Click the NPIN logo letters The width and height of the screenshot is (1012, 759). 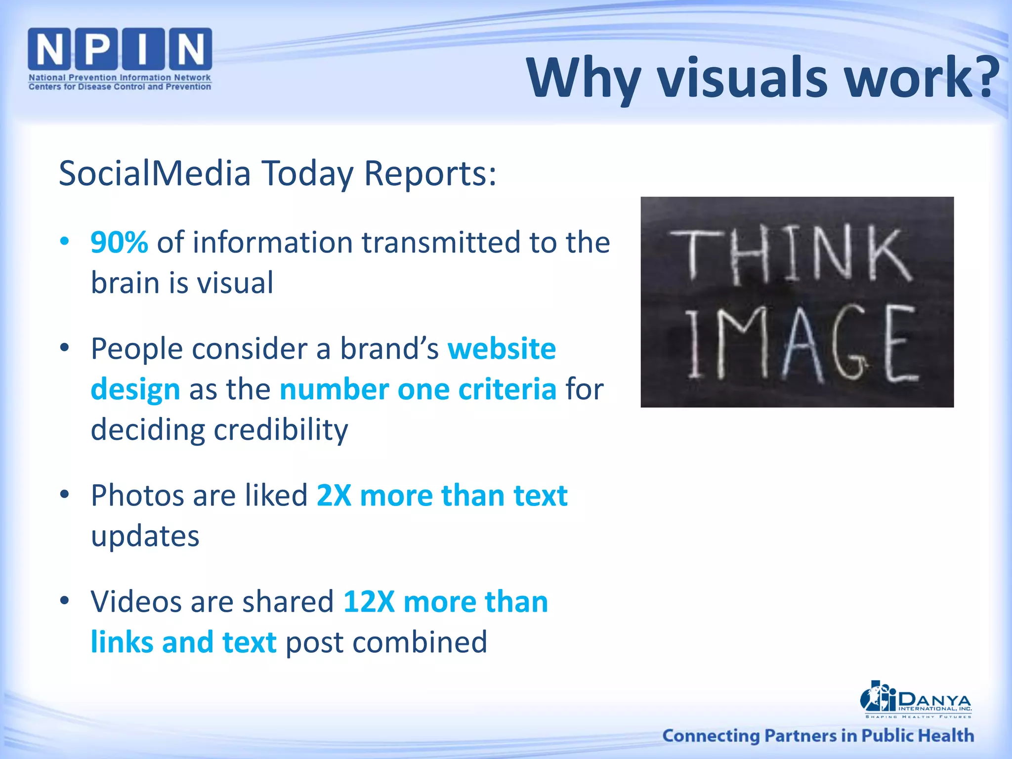click(x=120, y=49)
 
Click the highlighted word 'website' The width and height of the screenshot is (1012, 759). click(x=502, y=348)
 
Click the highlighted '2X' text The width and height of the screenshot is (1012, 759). click(x=334, y=495)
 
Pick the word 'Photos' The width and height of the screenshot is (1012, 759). click(x=138, y=495)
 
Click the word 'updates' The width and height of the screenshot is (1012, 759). click(x=145, y=536)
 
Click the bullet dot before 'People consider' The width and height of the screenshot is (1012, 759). click(x=64, y=348)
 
